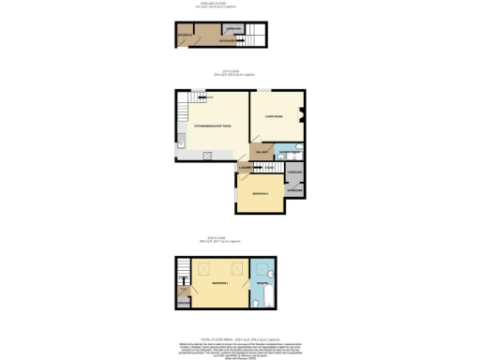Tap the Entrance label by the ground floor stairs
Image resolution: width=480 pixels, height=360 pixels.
click(x=225, y=41)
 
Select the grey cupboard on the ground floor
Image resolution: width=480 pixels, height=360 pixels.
click(x=234, y=30)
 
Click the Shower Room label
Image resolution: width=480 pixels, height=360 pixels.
click(x=289, y=151)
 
